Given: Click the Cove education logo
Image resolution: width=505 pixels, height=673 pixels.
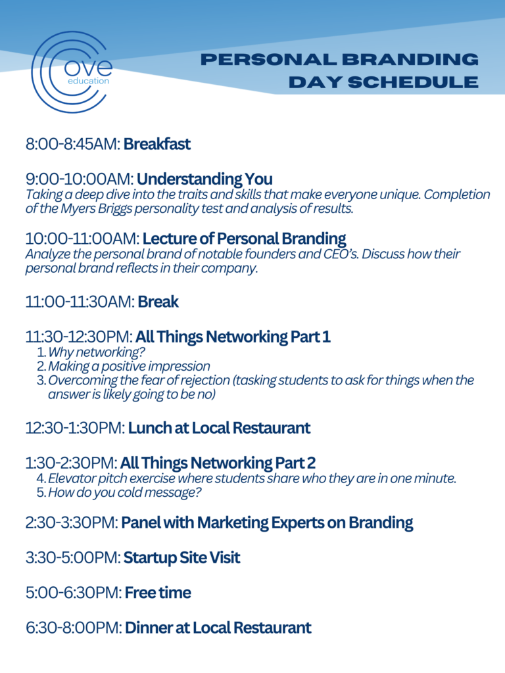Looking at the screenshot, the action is click(71, 72).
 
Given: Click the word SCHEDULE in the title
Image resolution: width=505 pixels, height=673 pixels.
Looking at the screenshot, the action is click(413, 82).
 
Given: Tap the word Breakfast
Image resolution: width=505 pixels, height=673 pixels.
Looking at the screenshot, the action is click(156, 144).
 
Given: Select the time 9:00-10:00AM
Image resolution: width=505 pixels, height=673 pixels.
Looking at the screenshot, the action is click(80, 179).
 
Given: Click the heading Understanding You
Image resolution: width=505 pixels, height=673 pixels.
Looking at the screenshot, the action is click(204, 179).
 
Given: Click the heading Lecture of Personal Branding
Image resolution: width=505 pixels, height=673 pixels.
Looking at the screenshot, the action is click(245, 239).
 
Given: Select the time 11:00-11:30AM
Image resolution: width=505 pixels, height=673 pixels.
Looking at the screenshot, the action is click(80, 302).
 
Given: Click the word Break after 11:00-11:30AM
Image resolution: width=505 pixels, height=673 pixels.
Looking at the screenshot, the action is click(158, 302).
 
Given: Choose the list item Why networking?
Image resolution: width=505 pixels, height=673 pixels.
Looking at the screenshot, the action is click(96, 352).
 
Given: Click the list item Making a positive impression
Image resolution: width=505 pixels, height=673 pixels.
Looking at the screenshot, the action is click(129, 367).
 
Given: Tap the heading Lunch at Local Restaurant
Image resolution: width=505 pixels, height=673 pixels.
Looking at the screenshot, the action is click(219, 428).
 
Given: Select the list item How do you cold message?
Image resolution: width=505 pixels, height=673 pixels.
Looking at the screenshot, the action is click(124, 492).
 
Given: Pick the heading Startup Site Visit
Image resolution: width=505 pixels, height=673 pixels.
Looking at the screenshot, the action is click(181, 557).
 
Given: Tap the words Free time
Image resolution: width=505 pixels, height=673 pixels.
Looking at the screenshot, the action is click(158, 593).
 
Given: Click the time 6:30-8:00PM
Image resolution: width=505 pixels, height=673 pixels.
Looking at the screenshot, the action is click(74, 628).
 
